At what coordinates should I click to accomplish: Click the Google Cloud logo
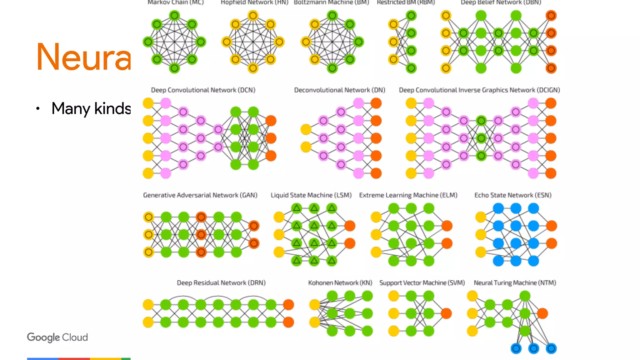tap(57, 337)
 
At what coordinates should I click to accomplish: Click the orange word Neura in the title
tap(83, 57)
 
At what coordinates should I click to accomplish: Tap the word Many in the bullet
tap(71, 109)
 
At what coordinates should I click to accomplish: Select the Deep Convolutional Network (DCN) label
tap(203, 90)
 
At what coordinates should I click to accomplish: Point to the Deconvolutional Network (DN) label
tap(339, 90)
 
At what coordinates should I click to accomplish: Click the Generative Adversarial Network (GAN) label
tap(200, 195)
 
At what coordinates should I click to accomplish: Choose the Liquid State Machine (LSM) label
tap(311, 195)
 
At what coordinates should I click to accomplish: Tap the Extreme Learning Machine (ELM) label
tap(408, 195)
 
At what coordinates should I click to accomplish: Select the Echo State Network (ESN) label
tap(513, 195)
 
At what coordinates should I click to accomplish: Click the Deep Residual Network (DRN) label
tap(221, 283)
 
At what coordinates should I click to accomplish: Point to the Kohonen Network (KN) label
tap(340, 283)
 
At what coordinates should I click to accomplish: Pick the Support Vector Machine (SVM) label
tap(422, 283)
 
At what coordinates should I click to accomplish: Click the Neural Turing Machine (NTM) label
tap(515, 283)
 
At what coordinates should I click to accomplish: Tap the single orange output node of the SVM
tap(446, 313)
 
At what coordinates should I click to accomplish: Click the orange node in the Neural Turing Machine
tap(542, 313)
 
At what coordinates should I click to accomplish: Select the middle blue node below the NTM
tap(534, 348)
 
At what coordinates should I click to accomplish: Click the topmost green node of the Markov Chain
tap(174, 15)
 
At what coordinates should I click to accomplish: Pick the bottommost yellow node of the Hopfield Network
tap(253, 68)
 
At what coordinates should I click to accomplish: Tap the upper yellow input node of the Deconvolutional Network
tap(306, 129)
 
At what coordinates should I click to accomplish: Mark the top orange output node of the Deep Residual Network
tap(288, 304)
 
